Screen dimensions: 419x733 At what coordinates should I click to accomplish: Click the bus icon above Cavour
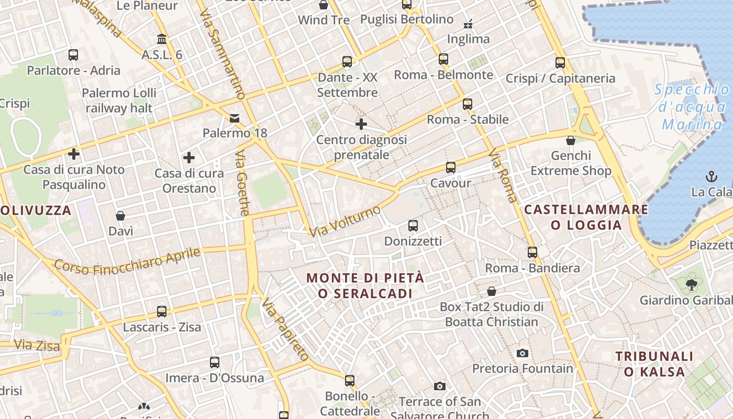tap(451, 168)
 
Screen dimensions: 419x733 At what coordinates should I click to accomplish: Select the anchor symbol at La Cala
tap(711, 176)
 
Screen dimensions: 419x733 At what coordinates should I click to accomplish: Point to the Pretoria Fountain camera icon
tap(522, 353)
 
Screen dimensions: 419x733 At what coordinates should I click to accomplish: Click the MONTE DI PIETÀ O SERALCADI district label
tap(365, 285)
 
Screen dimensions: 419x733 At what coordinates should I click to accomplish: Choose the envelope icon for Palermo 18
tap(235, 118)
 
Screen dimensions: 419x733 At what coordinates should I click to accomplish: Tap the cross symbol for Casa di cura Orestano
tap(189, 157)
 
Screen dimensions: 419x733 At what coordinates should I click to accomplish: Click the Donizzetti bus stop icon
tap(413, 226)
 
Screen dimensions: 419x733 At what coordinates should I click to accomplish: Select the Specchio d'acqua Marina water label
tap(692, 107)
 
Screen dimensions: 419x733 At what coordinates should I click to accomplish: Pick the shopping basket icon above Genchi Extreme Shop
tap(571, 140)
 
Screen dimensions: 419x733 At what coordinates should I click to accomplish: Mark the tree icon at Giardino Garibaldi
tap(691, 285)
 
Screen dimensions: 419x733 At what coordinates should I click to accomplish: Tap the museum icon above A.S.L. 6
tap(162, 39)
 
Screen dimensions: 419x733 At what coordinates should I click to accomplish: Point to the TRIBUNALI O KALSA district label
tap(654, 364)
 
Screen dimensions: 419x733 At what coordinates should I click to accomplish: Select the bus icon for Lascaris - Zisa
tap(162, 312)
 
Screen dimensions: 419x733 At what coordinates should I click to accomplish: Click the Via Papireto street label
tap(286, 329)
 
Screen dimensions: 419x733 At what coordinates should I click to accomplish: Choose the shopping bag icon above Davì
tap(120, 216)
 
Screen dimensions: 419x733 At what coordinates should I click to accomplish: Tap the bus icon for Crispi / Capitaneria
tap(560, 63)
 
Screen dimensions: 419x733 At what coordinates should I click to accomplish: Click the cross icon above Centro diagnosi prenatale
tap(361, 124)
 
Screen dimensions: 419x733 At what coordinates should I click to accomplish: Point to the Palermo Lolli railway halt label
tap(119, 101)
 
